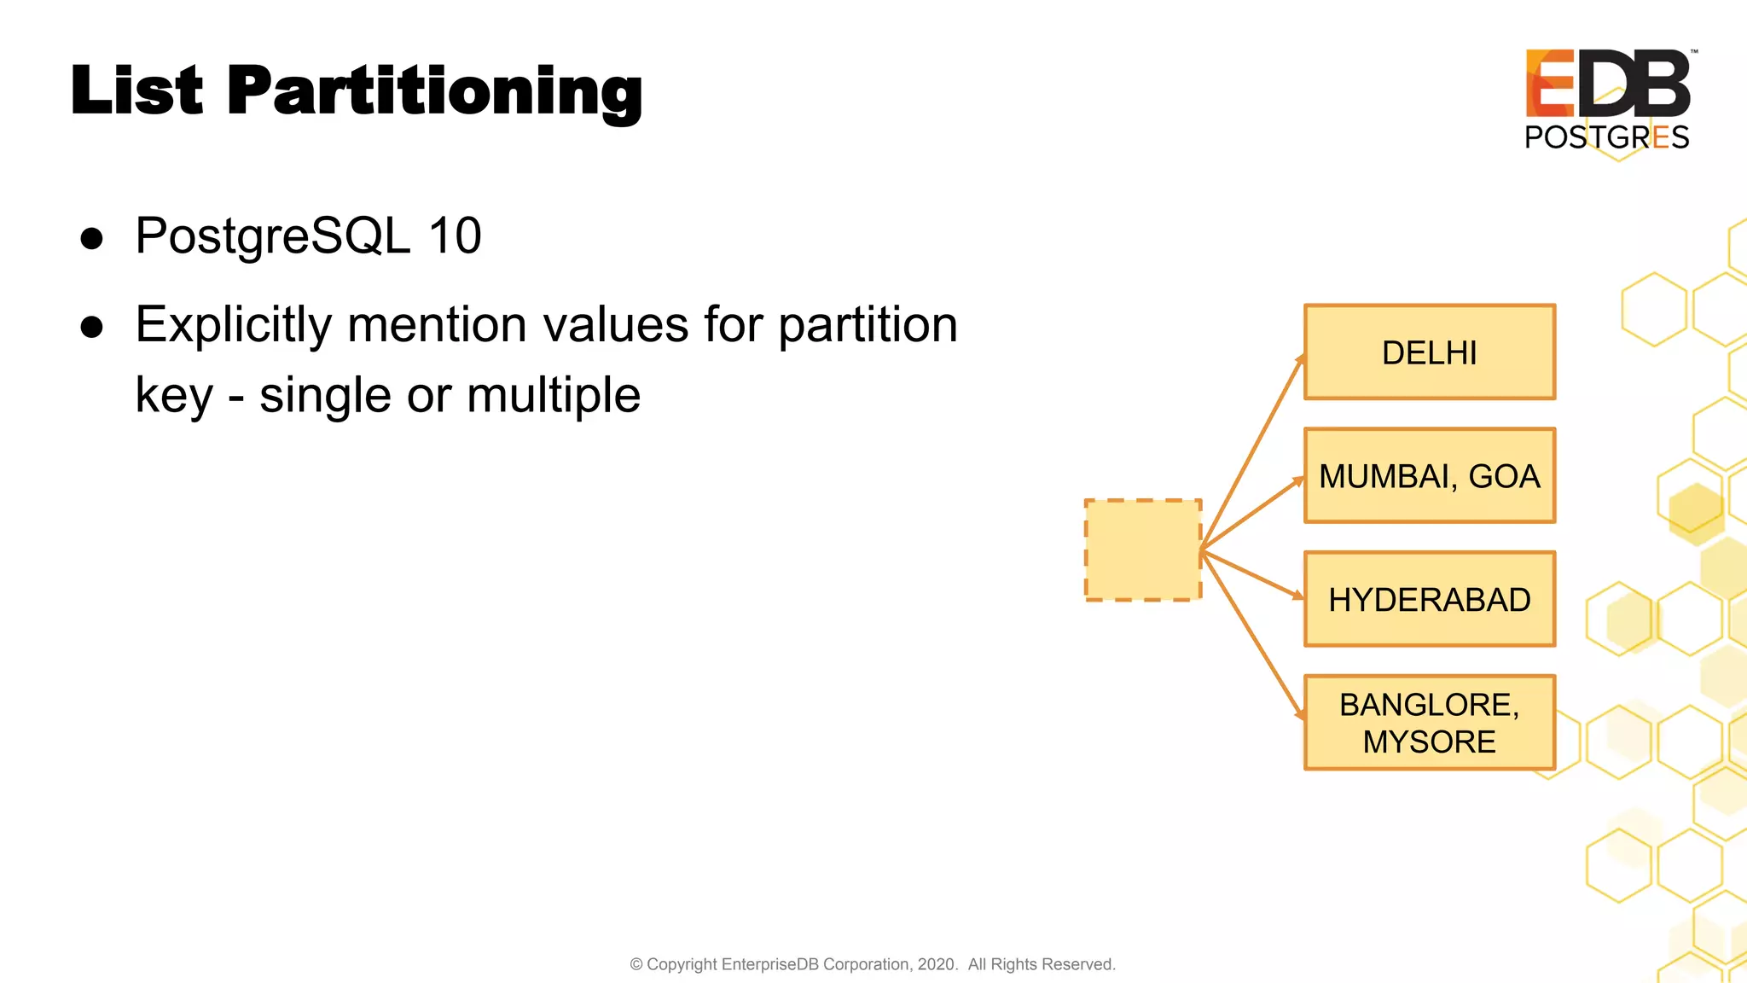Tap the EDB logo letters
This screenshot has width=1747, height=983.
point(1607,84)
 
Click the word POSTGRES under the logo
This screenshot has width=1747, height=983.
point(1607,137)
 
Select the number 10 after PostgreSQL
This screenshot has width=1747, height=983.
point(455,236)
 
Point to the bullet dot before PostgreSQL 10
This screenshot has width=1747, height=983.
point(92,238)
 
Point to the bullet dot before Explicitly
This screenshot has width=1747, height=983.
point(92,327)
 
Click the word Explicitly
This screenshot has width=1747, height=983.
point(233,325)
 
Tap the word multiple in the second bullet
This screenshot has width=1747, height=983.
point(554,395)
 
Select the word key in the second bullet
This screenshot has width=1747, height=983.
point(174,395)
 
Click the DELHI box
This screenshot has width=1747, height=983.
point(1430,352)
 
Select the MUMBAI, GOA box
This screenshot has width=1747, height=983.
point(1430,475)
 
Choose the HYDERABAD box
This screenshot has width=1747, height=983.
point(1430,599)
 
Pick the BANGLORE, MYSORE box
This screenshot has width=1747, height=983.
point(1430,723)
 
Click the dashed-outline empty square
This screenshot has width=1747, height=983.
point(1143,550)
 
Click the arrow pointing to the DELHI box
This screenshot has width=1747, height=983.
point(1252,452)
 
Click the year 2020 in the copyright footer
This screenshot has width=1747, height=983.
point(936,964)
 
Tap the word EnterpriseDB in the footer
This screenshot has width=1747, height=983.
point(770,964)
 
